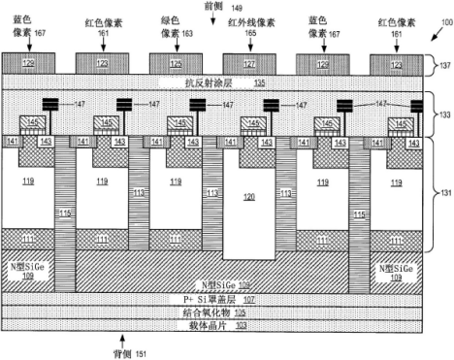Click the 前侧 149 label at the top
(223, 7)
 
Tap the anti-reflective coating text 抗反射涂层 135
(219, 82)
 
